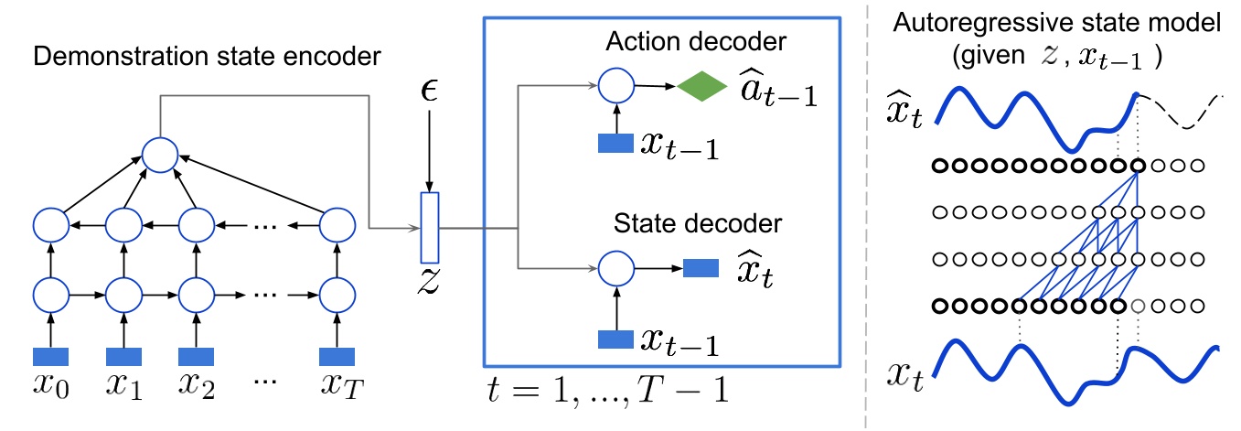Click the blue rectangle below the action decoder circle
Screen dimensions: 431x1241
[x=615, y=144]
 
